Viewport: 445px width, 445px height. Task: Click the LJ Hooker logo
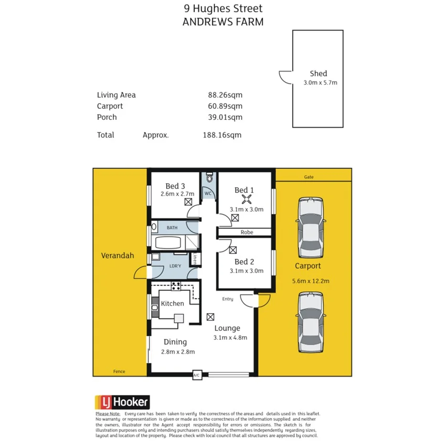pos(122,402)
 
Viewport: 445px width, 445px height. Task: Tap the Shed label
pos(318,74)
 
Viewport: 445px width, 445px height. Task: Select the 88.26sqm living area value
pos(222,95)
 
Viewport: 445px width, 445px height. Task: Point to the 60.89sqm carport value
pos(222,106)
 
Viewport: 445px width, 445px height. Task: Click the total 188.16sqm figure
pos(222,135)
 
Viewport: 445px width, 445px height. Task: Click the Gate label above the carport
pos(309,177)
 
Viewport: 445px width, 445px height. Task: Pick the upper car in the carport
pos(310,227)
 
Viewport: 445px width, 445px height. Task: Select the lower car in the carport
pos(310,321)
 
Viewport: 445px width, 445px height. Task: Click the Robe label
pos(247,233)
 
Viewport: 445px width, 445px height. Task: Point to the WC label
pos(208,193)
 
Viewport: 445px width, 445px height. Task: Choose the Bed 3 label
pos(175,186)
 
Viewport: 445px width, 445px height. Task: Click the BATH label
pos(172,228)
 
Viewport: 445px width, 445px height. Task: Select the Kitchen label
pos(172,304)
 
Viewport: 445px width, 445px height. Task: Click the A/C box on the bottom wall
pos(196,375)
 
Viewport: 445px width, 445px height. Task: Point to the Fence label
pos(119,371)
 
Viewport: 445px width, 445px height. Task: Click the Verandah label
pos(117,255)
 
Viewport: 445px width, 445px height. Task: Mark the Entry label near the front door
pos(227,299)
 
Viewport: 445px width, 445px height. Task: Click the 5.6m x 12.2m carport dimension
pos(310,281)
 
